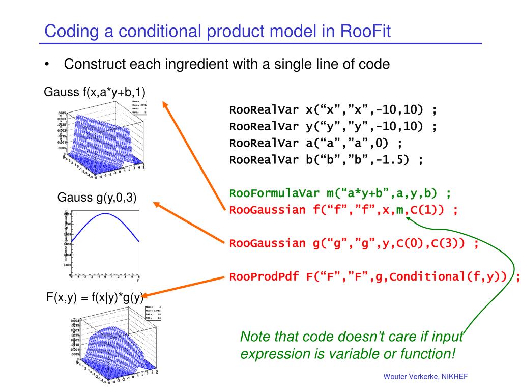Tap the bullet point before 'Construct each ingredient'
click(47, 65)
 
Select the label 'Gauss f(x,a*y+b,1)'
click(95, 92)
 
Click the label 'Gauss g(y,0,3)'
click(97, 198)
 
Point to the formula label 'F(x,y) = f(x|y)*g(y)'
click(95, 297)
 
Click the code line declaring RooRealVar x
click(333, 110)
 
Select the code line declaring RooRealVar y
click(333, 127)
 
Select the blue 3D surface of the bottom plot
click(109, 346)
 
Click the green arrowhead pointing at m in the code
click(409, 217)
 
